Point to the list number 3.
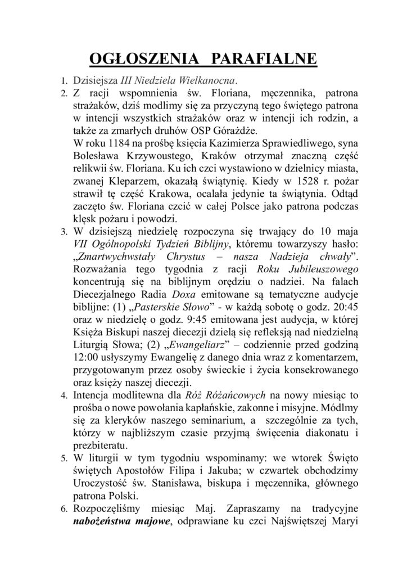click(64, 231)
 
